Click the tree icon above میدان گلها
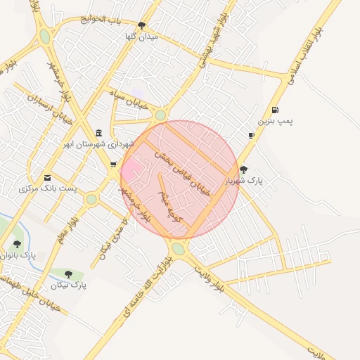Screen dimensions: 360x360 141,25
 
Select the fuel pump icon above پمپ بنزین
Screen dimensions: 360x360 274,110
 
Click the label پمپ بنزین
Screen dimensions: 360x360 275,121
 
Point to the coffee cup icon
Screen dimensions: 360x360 251,135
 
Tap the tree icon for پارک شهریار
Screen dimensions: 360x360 243,169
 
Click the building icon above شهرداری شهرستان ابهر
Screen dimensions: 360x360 98,133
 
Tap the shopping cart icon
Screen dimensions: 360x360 113,165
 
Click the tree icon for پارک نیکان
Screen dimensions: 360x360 68,274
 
